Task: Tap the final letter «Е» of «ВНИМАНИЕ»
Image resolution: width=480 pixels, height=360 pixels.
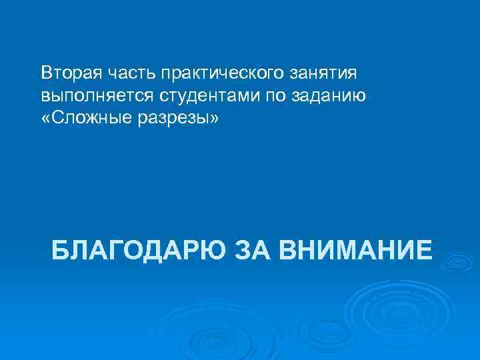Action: click(423, 251)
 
